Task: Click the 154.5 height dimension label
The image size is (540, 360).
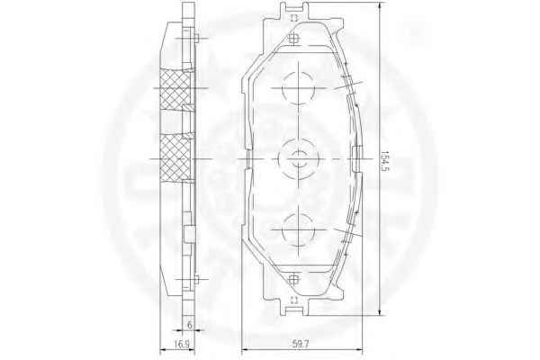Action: pos(384,161)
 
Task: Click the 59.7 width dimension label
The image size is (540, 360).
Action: pos(301,344)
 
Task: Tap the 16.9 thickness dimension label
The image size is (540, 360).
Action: pos(181,344)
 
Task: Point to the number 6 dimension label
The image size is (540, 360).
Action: pos(189,325)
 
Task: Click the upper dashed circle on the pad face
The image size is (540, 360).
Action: pos(298,72)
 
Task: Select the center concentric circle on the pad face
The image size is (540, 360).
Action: pos(298,139)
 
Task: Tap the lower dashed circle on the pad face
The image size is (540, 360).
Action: pos(298,213)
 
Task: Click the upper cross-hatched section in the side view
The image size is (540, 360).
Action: pos(175,88)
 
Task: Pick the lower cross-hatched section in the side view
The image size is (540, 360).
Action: pos(175,157)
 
